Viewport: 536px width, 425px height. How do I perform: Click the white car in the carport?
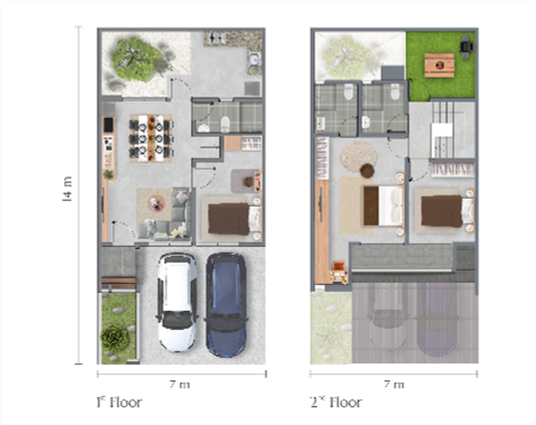pos(177,302)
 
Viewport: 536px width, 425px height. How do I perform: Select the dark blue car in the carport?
pos(226,304)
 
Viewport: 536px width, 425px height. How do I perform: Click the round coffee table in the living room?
pos(155,204)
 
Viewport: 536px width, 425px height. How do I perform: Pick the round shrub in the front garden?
pos(115,338)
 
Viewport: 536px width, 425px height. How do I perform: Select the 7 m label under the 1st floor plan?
pos(180,385)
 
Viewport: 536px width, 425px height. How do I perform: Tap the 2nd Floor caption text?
pos(336,402)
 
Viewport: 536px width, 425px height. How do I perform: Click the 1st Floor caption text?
pos(119,402)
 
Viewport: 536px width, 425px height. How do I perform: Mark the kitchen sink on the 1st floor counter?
pos(254,60)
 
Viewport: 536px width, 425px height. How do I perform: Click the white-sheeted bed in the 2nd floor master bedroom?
pos(383,206)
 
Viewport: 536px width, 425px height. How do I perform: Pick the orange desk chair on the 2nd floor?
pos(338,268)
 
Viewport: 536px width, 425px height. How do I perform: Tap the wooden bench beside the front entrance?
pos(118,283)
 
